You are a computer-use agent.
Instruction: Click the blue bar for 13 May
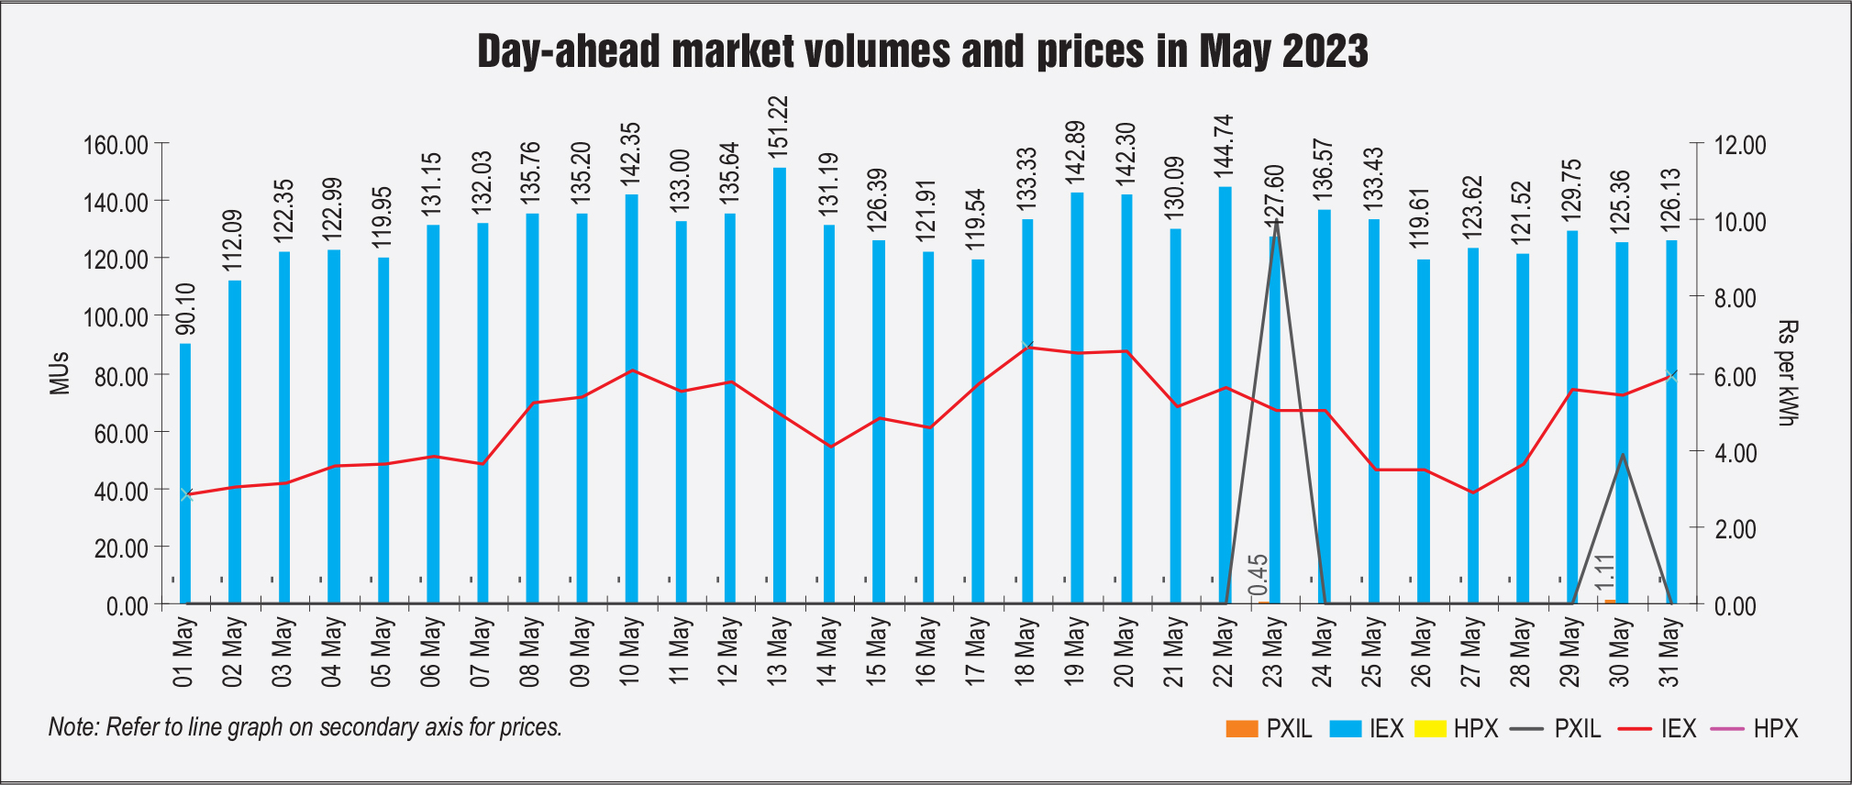click(779, 385)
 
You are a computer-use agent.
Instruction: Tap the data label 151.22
click(779, 129)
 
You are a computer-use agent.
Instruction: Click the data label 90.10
click(185, 309)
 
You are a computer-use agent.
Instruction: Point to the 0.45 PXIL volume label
click(1259, 575)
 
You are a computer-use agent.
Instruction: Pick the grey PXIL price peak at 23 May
click(1276, 223)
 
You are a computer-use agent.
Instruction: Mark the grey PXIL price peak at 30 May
click(1622, 455)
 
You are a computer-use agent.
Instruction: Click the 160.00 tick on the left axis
click(115, 145)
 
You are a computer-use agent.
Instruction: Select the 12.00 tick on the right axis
click(1738, 145)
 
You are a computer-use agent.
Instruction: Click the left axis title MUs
click(60, 373)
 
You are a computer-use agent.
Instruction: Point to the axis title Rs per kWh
click(1787, 373)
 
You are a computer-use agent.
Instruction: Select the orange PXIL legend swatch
click(1241, 729)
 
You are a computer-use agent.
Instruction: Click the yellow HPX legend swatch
click(1430, 729)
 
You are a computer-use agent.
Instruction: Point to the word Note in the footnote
click(72, 727)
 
